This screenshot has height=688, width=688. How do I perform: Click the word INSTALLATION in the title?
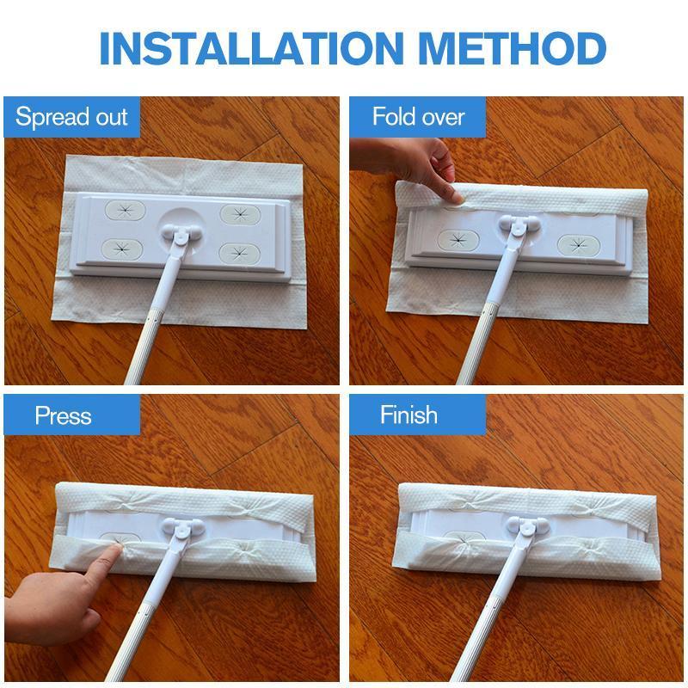point(251,48)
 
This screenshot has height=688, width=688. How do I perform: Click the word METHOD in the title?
point(512,48)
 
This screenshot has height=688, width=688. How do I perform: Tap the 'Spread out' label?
point(71,117)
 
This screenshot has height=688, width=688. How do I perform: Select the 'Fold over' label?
point(418,117)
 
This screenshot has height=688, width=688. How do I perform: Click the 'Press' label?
point(63,415)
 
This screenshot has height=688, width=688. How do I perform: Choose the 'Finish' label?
point(408,415)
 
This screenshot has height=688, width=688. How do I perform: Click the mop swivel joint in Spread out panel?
point(181,233)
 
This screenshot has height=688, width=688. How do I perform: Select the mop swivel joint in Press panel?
point(182,528)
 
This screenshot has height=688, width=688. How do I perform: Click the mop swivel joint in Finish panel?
point(526,527)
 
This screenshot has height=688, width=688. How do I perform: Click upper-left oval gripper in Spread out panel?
point(125,211)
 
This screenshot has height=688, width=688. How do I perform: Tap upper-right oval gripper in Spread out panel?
point(240,214)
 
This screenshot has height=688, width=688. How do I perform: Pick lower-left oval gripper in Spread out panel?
point(122,249)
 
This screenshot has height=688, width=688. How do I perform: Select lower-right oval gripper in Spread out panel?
point(240,253)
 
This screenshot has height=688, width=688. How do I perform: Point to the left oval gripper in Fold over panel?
point(458,239)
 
